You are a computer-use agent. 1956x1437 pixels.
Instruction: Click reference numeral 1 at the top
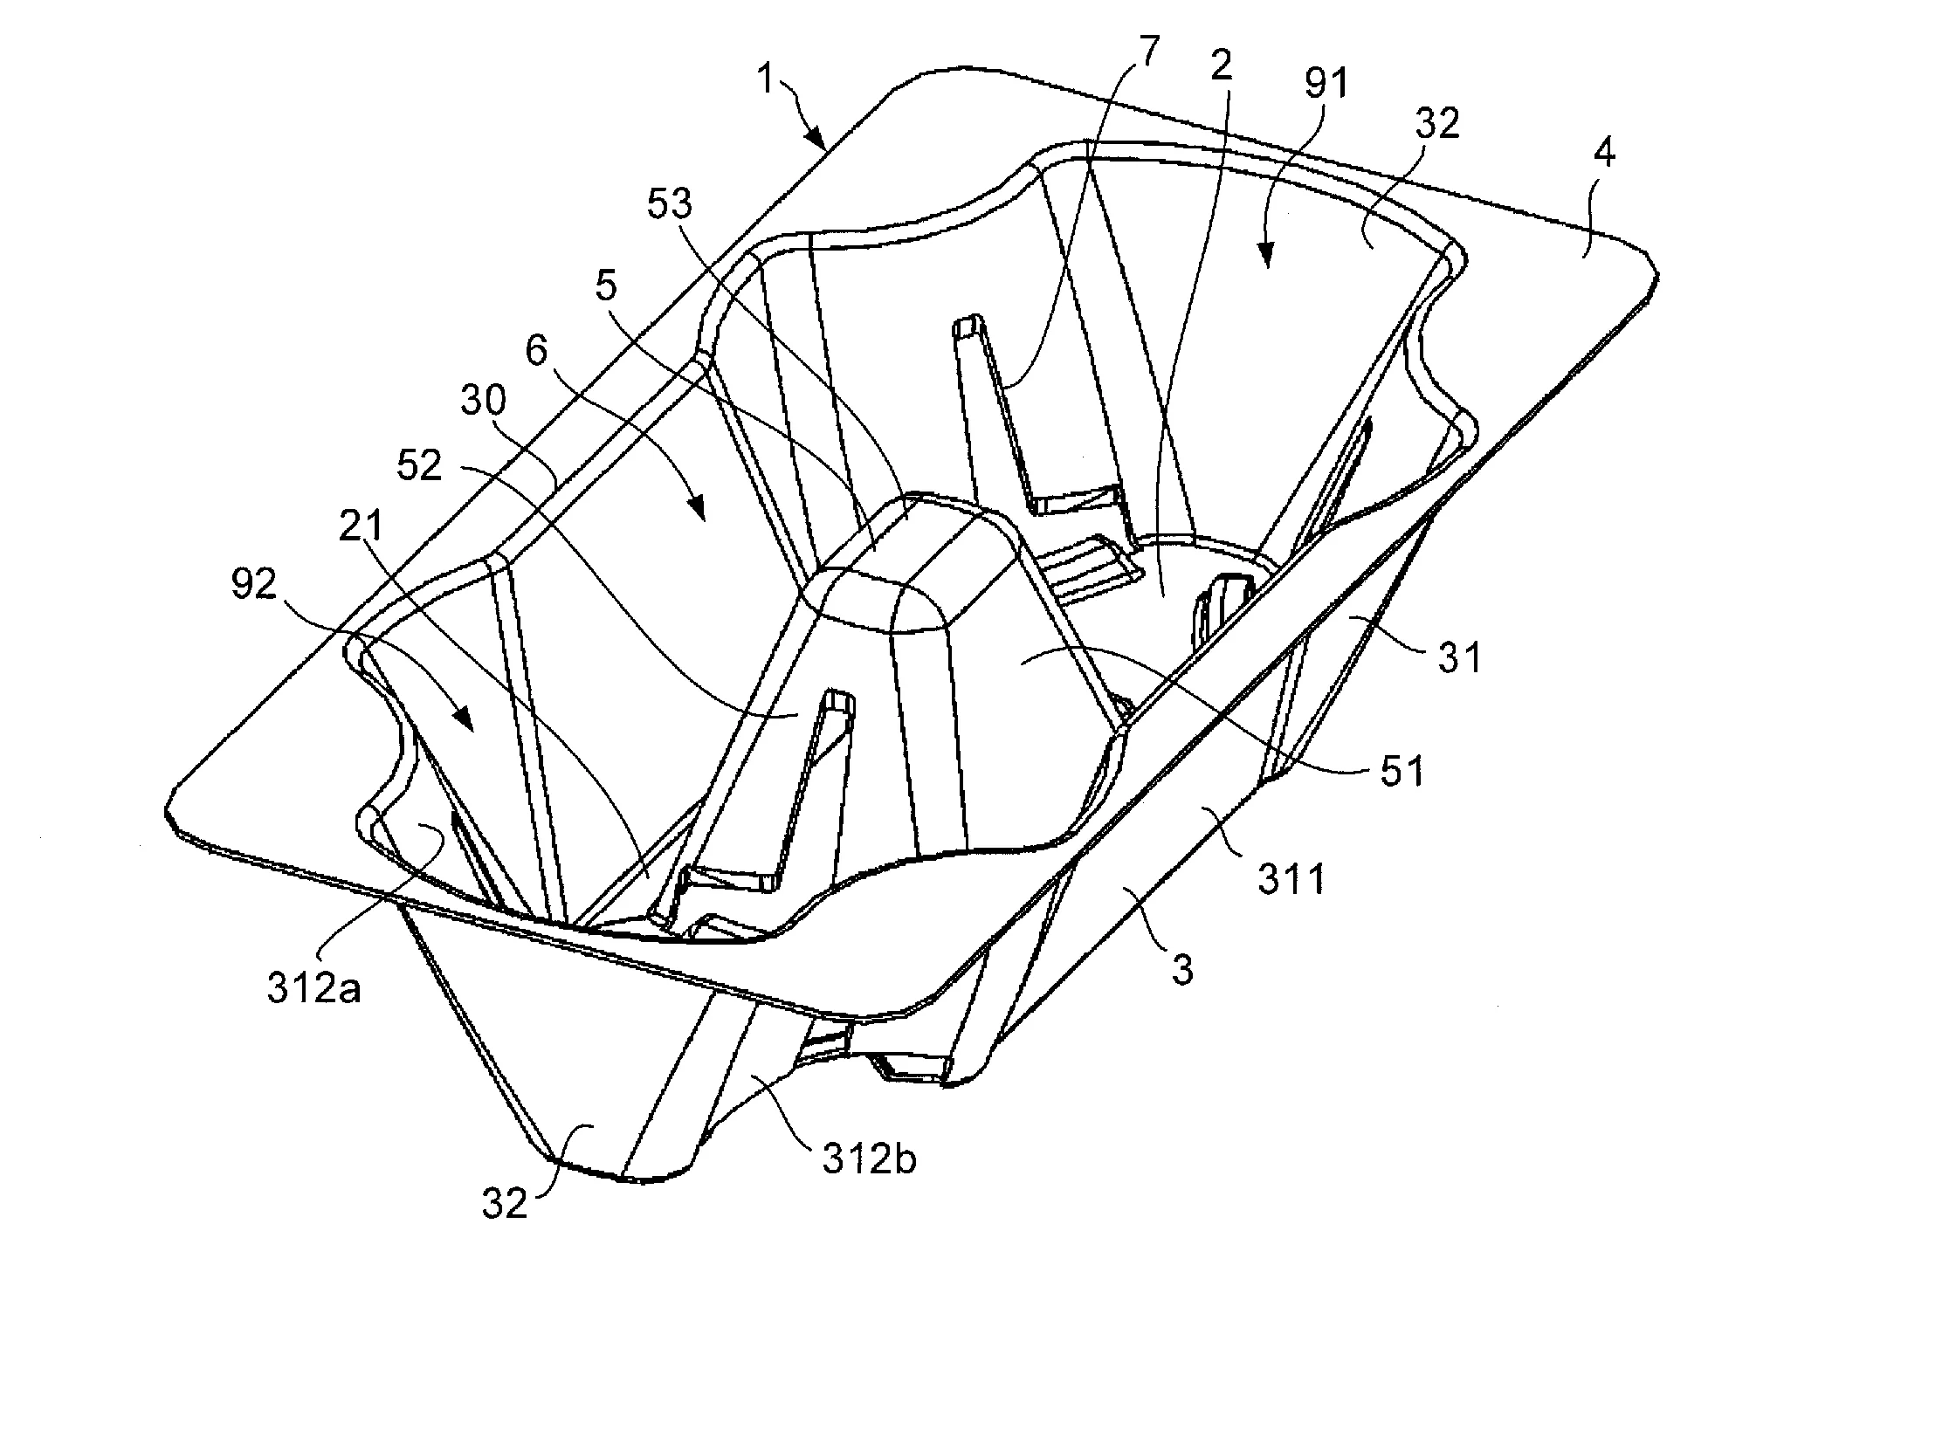click(767, 80)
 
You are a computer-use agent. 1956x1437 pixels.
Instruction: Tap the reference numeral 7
click(1150, 53)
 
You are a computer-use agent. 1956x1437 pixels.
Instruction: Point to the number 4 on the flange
click(1604, 154)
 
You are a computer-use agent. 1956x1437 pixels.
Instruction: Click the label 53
click(670, 203)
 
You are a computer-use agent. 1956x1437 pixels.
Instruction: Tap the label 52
click(419, 466)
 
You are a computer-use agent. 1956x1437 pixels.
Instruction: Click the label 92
click(254, 585)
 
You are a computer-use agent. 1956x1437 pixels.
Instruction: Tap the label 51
click(1402, 772)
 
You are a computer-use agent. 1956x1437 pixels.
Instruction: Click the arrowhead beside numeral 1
click(816, 138)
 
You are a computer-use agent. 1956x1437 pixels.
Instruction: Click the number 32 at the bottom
click(505, 1205)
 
